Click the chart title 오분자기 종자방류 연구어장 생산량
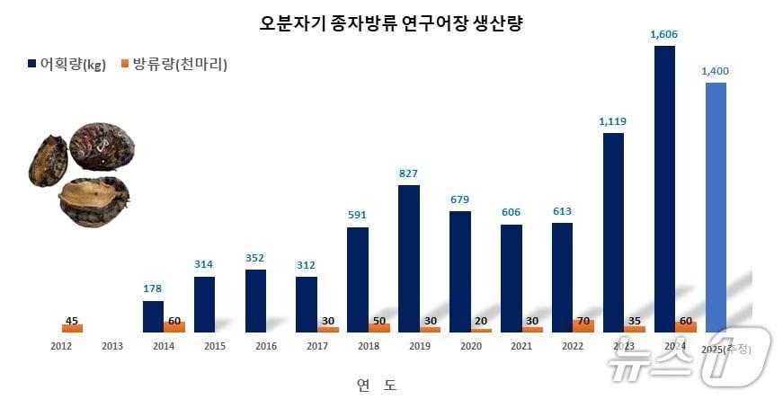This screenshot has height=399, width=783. pyautogui.click(x=391, y=24)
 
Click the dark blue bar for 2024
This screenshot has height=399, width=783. pyautogui.click(x=664, y=189)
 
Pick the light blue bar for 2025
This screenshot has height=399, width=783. pyautogui.click(x=716, y=207)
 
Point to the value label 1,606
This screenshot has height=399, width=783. pyautogui.click(x=664, y=34)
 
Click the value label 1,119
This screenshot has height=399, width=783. pyautogui.click(x=613, y=120)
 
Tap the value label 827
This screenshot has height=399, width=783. pyautogui.click(x=408, y=173)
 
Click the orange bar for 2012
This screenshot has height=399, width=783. pyautogui.click(x=72, y=328)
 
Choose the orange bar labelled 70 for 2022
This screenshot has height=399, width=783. pyautogui.click(x=583, y=325)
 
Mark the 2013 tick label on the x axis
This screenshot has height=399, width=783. pyautogui.click(x=112, y=346)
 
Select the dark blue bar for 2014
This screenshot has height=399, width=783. pyautogui.click(x=153, y=316)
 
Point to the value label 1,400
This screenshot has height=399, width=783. pyautogui.click(x=716, y=70)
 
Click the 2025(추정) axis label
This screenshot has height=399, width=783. pyautogui.click(x=726, y=348)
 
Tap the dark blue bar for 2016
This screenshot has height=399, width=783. pyautogui.click(x=255, y=301)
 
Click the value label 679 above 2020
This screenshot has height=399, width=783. pyautogui.click(x=459, y=199)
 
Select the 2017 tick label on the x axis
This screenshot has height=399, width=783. pyautogui.click(x=317, y=346)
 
